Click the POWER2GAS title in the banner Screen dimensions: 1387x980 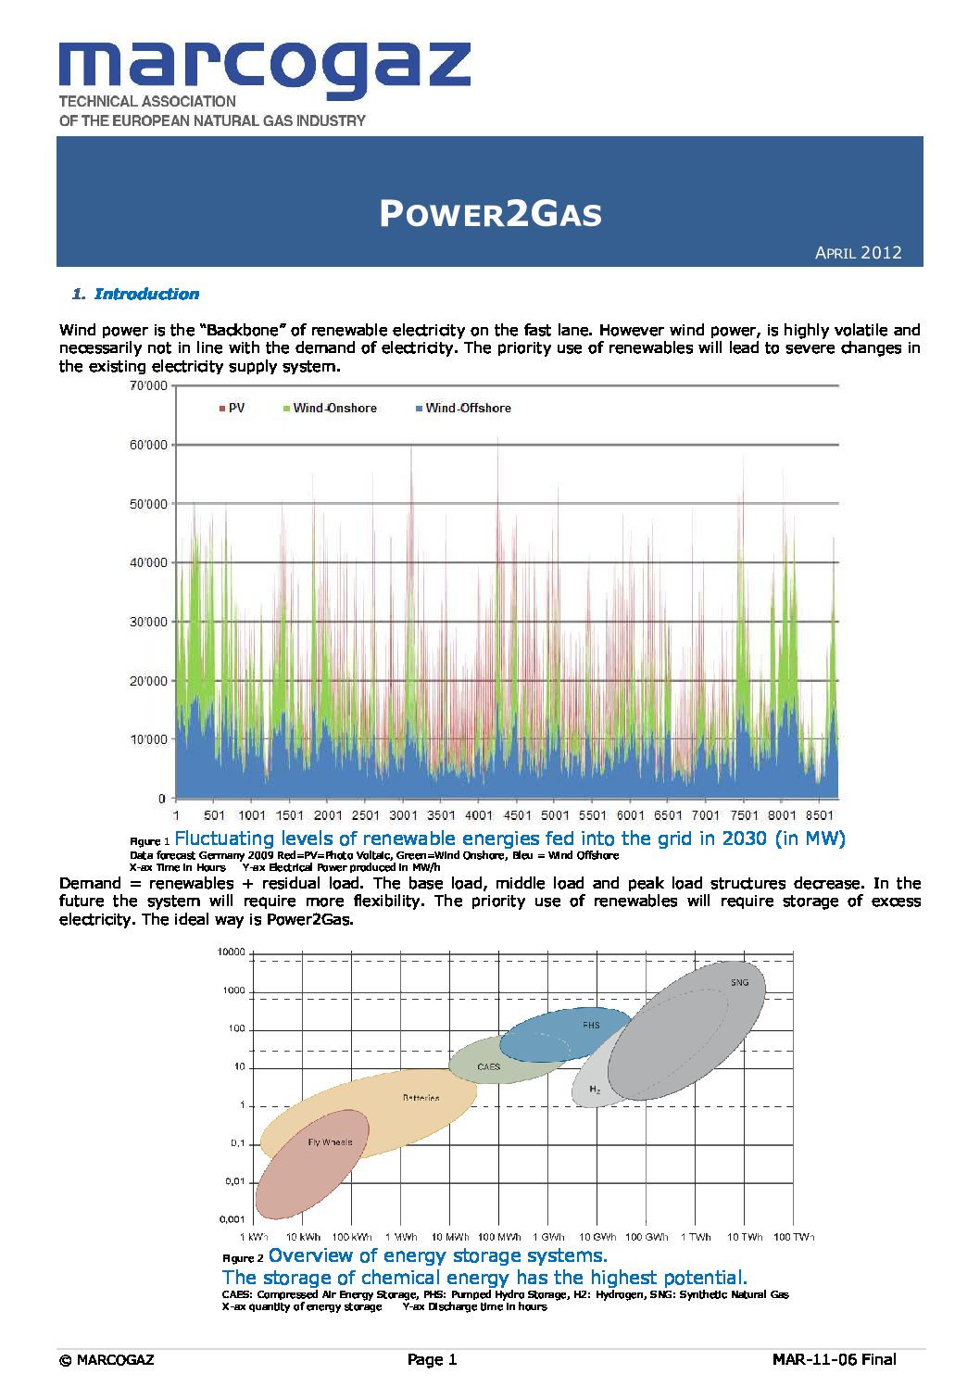coord(490,214)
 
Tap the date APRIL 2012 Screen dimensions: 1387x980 coord(858,253)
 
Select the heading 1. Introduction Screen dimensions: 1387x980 coord(136,295)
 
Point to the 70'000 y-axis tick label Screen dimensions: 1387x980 coord(148,385)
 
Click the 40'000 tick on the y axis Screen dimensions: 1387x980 coord(148,562)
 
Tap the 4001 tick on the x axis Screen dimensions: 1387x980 coord(479,815)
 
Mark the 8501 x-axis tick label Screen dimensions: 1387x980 coord(819,815)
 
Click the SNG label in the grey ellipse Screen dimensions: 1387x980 coord(739,982)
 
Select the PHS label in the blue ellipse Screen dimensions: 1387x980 coord(591,1026)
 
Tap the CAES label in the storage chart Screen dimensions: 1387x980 coord(488,1067)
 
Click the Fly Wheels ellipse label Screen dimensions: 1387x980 coord(330,1142)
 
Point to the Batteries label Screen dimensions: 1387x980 coord(421,1098)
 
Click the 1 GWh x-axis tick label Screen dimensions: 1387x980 coord(548,1237)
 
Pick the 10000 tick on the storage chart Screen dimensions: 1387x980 coord(231,952)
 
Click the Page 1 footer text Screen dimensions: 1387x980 coord(432,1359)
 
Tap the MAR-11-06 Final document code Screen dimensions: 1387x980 coord(834,1359)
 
